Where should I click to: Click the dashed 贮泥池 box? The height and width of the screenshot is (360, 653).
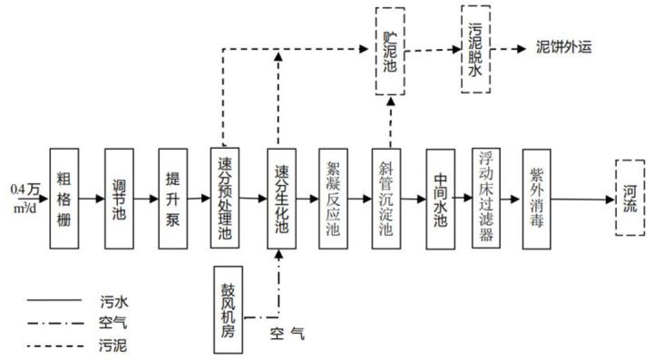point(391,49)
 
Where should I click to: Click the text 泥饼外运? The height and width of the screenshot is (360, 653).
point(564,47)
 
